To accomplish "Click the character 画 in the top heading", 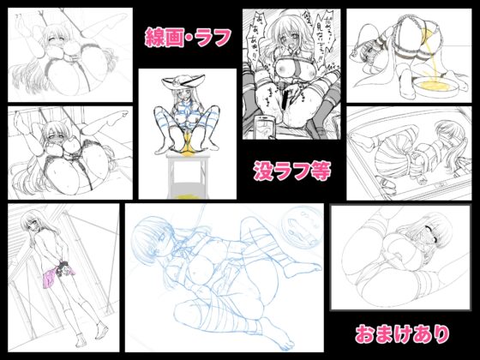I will pos(177,36).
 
